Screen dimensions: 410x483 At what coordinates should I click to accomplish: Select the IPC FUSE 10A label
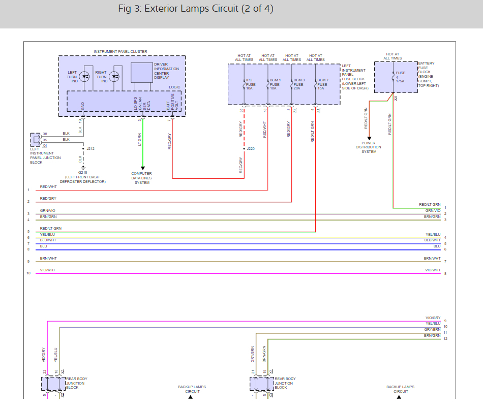(249, 84)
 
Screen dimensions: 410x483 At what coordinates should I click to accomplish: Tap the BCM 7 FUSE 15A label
(323, 84)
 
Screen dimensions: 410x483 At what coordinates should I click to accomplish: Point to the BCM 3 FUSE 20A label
(298, 84)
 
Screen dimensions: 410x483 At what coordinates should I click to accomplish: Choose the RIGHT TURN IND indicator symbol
(115, 77)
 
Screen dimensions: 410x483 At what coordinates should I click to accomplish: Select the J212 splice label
(91, 149)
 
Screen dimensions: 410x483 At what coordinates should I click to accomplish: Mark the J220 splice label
(251, 149)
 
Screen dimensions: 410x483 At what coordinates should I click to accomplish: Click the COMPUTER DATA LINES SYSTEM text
(142, 178)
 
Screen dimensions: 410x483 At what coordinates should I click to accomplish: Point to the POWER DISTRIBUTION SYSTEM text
(369, 147)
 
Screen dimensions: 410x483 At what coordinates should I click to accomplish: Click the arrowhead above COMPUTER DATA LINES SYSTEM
(142, 168)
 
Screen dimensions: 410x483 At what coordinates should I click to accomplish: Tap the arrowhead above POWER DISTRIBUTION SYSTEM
(370, 138)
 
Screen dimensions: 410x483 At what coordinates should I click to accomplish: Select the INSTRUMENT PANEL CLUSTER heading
(120, 52)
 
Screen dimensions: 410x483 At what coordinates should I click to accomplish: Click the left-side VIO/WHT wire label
(48, 270)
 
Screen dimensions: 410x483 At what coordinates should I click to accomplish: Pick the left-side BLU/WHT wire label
(48, 240)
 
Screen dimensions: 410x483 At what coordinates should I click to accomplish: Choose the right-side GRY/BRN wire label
(433, 329)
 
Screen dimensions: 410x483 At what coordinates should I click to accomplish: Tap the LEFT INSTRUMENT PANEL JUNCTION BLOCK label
(45, 157)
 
